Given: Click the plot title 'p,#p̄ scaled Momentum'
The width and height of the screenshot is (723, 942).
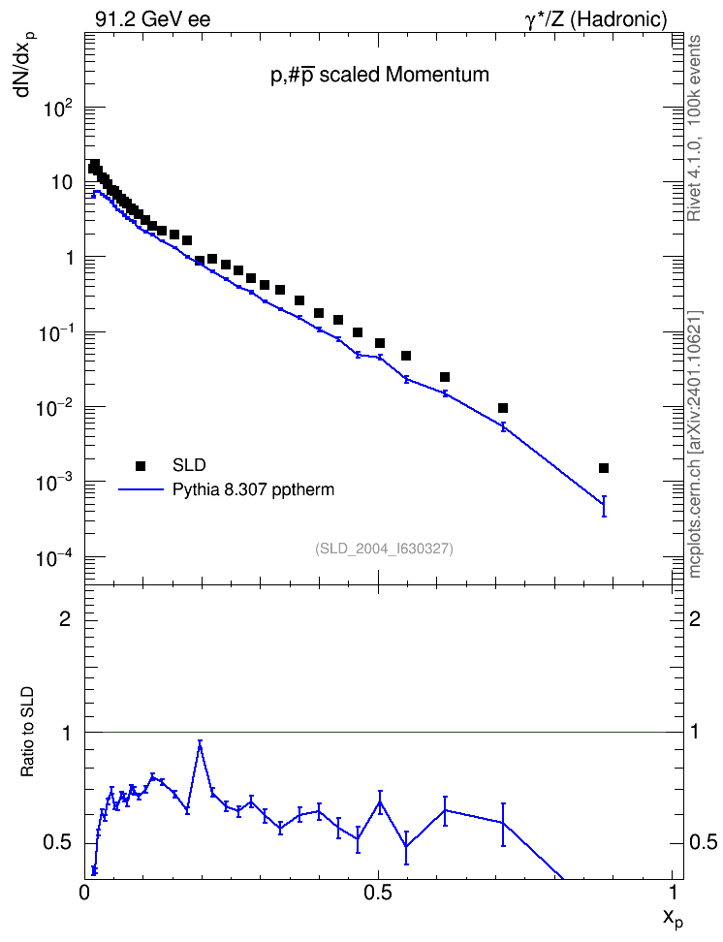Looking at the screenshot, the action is tap(380, 75).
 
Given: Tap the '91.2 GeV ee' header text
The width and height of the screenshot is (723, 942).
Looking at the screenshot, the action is tap(153, 19).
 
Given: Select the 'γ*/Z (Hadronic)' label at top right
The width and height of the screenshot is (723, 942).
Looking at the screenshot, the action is tap(596, 19).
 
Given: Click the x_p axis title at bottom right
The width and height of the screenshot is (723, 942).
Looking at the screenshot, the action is tap(673, 918).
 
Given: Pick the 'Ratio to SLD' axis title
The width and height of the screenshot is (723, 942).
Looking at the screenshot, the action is tap(27, 731).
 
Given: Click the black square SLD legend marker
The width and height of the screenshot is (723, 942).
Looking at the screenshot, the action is tap(141, 465).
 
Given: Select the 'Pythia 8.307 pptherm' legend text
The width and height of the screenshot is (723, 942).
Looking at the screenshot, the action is tap(253, 490).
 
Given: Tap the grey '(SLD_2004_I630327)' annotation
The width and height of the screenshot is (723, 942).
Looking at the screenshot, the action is tap(384, 549).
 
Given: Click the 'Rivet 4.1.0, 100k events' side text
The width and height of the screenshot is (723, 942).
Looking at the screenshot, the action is tap(694, 128).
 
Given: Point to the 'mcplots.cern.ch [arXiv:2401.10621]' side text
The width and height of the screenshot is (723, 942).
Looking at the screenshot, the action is tap(695, 444).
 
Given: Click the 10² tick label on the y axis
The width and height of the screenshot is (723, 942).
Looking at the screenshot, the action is tap(59, 110).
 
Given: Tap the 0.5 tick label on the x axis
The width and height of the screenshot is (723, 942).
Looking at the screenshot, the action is tap(378, 893).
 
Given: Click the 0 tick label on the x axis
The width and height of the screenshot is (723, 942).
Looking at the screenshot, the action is tap(84, 893).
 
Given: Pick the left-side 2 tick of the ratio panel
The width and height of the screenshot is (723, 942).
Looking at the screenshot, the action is tap(65, 618).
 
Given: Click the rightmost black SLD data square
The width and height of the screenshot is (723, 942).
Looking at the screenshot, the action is tap(604, 468).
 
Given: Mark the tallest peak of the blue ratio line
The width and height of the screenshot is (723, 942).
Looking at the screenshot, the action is tap(200, 743).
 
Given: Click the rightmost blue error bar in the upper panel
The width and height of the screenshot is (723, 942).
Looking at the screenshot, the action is tap(604, 506).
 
